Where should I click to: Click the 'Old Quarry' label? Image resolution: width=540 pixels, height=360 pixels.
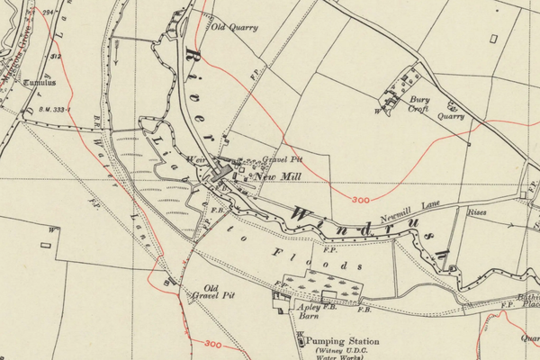click(x=234, y=27)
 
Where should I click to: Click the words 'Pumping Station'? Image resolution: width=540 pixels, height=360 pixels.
click(x=343, y=342)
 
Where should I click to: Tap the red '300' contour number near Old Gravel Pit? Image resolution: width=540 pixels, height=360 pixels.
click(x=213, y=344)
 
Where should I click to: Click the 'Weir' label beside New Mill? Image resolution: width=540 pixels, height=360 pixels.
click(x=195, y=160)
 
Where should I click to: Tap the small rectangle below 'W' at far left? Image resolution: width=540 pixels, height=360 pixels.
click(x=45, y=243)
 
